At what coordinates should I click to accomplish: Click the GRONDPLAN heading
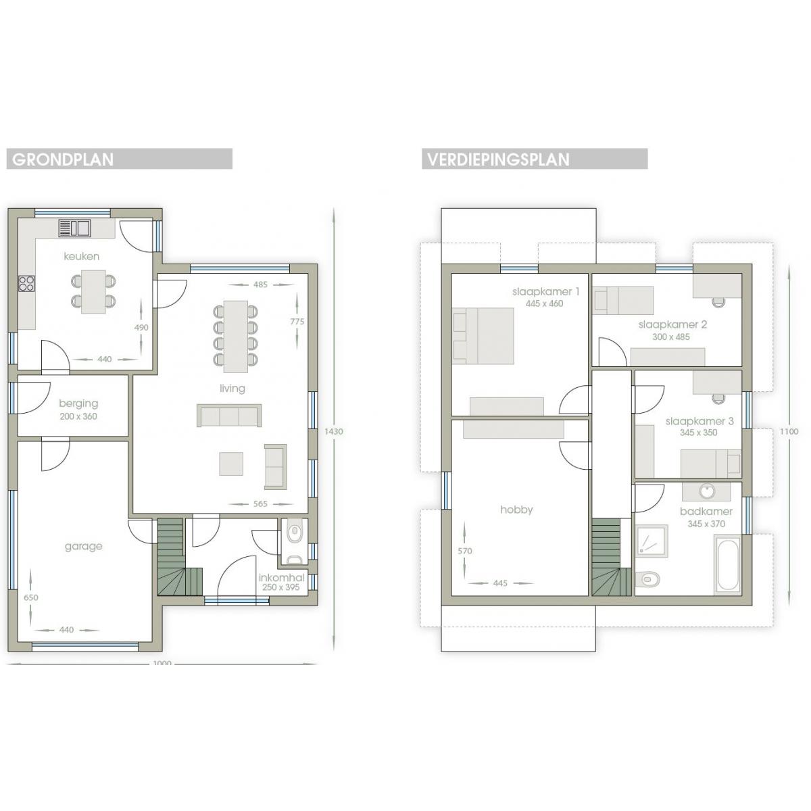(x=63, y=159)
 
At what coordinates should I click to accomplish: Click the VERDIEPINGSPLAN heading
(x=498, y=159)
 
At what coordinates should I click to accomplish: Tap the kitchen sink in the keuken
(x=74, y=228)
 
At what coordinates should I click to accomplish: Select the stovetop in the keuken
(x=26, y=282)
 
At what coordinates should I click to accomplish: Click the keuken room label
(x=82, y=256)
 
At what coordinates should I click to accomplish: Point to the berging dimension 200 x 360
(x=78, y=416)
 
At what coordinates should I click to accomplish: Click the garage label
(x=83, y=546)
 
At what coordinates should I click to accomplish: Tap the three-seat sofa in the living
(x=229, y=416)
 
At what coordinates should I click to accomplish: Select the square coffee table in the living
(x=231, y=464)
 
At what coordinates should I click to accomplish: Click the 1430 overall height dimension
(x=334, y=431)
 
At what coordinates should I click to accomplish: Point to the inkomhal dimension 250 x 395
(x=280, y=587)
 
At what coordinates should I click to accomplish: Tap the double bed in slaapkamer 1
(x=483, y=336)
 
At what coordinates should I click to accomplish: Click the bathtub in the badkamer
(x=728, y=565)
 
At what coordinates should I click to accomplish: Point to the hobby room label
(x=516, y=510)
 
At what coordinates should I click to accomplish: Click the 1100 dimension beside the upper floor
(x=789, y=431)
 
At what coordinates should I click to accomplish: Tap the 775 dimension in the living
(x=297, y=322)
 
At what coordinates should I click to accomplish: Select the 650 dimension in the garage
(x=30, y=597)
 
